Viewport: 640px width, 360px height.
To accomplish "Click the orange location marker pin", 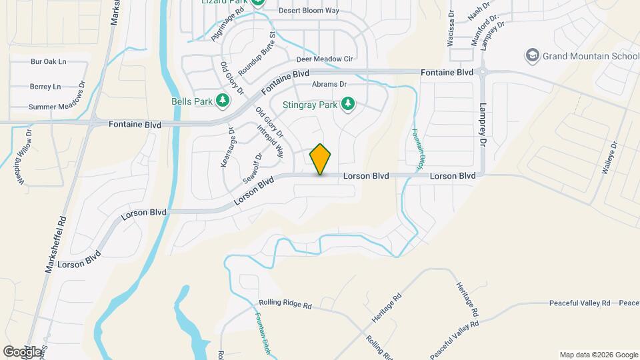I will tap(321, 159).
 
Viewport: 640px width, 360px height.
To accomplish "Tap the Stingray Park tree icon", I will tap(347, 103).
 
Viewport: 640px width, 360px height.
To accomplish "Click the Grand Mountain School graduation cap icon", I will tap(532, 56).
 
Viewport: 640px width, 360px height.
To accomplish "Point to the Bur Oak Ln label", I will tap(49, 62).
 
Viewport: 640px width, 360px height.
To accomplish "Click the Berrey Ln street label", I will tap(45, 87).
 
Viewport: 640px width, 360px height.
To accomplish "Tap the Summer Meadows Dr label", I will tap(57, 107).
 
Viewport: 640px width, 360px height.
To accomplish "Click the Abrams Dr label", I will tap(329, 84).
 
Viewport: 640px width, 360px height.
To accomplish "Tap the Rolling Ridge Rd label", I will tap(285, 306).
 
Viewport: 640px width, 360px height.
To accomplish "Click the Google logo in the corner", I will tap(22, 351).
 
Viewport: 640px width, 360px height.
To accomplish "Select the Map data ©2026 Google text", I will tap(598, 355).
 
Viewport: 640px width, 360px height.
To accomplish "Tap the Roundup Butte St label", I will tap(257, 53).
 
